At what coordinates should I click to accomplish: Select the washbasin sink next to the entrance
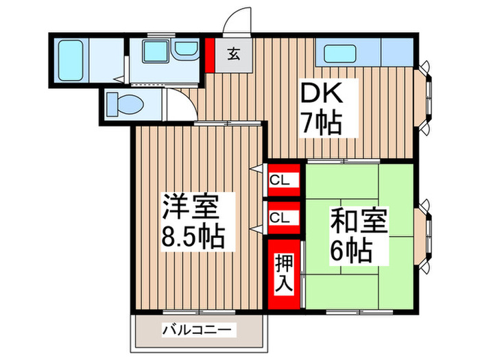182,52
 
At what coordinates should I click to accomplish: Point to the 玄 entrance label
235,52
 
